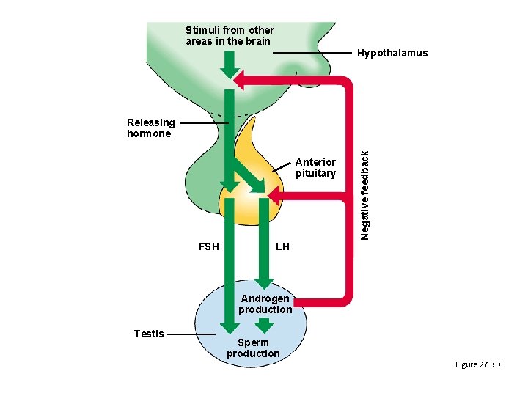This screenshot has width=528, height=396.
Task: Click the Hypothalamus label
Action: coord(392,54)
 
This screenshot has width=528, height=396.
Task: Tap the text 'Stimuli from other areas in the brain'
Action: coord(230,35)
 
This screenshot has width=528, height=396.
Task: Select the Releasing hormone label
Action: coord(150,128)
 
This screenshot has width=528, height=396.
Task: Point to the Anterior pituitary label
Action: coord(315,168)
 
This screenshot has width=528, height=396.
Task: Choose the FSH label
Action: coord(209,246)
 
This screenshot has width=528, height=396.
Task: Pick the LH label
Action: coord(282,246)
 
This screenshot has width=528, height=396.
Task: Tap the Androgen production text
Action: coord(265,304)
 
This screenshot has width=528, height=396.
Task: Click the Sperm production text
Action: coord(253,348)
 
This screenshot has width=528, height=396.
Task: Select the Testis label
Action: coord(149,334)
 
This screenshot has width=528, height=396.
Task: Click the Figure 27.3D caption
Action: coord(477,364)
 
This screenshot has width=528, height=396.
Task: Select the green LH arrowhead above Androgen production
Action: coord(265,282)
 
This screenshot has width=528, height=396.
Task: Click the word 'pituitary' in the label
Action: coord(315,174)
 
